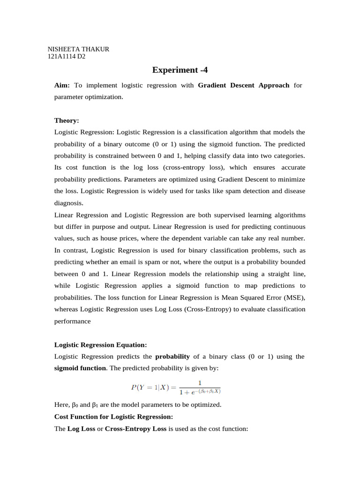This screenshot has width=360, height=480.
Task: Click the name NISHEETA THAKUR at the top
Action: pos(78,49)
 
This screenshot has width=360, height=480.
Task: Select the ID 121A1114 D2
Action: pos(67,57)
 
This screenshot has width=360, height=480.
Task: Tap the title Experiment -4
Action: pos(180,70)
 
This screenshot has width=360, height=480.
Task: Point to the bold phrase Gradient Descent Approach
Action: pos(244,85)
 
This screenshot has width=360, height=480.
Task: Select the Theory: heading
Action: pos(67,120)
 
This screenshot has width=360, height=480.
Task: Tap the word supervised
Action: pos(231,215)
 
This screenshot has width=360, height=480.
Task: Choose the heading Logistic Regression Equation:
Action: pos(101,345)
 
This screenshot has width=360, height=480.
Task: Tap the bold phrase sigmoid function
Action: pos(80,368)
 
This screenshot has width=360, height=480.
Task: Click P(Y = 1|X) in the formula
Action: pos(150,388)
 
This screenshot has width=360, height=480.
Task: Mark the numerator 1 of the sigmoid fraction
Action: pos(200,382)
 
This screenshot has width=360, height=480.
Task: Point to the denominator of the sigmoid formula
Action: pos(200,391)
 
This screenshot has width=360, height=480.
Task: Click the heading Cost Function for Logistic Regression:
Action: pos(114,416)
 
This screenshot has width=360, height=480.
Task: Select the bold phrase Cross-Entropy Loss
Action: pos(135,429)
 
